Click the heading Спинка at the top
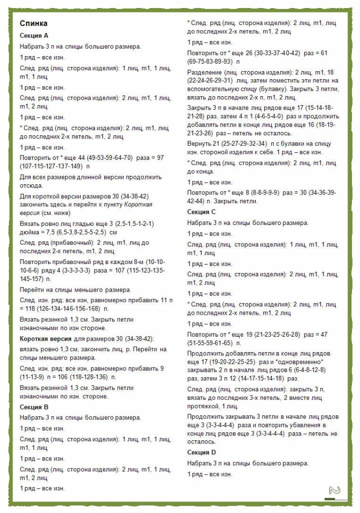pos(34,23)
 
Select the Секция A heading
pos(34,36)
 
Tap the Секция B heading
pos(34,407)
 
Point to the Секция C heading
pos(202,212)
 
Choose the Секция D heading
pos(202,452)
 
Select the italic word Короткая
pos(138,205)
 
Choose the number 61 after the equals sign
pos(323,53)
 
